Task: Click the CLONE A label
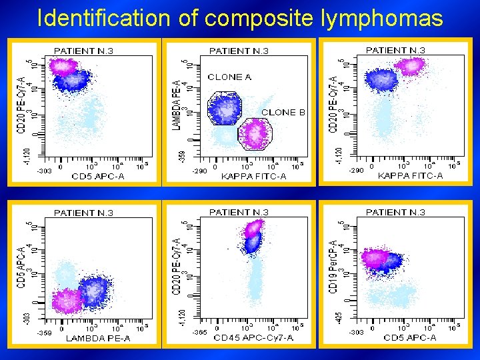(x=229, y=77)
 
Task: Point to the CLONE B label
(x=283, y=112)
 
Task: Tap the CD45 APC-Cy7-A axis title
(x=253, y=338)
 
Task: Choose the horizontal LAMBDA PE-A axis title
(x=98, y=339)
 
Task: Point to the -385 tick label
(x=199, y=331)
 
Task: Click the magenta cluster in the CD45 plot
(x=253, y=229)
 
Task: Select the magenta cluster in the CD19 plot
(x=375, y=258)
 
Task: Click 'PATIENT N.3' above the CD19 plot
(x=395, y=212)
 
